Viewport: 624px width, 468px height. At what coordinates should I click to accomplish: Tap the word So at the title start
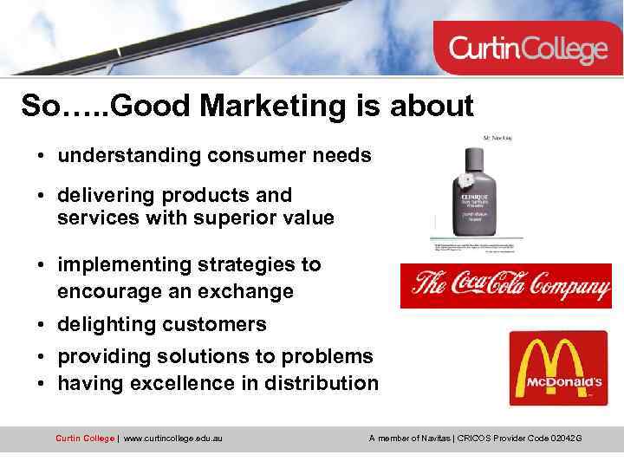tap(41, 106)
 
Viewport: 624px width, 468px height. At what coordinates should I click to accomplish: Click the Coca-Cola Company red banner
tap(505, 285)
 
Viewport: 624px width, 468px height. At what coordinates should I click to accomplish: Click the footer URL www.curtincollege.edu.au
tap(173, 439)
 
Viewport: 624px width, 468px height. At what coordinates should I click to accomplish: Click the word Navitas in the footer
tap(428, 439)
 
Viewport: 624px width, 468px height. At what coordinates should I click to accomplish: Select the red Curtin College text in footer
tap(84, 439)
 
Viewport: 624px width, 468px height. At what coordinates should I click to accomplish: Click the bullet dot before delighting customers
tap(41, 325)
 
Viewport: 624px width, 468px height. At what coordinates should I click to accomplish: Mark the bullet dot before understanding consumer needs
tap(41, 157)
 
